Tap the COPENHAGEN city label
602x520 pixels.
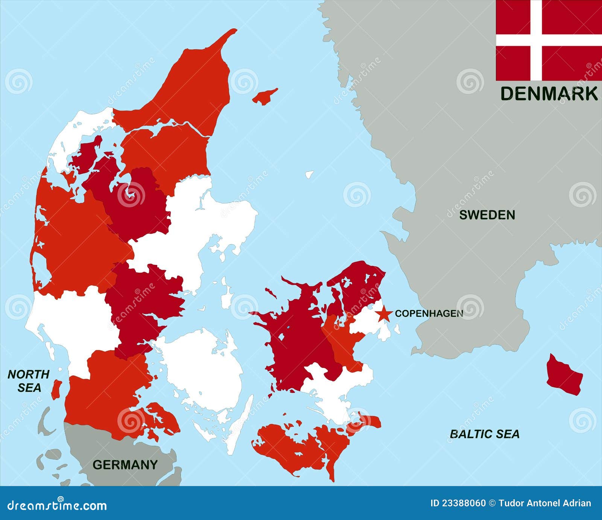click(x=429, y=313)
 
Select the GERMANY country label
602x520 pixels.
click(x=125, y=465)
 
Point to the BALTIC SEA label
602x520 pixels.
click(x=484, y=434)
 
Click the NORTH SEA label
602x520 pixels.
click(x=29, y=381)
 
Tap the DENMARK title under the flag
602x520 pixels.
click(x=549, y=93)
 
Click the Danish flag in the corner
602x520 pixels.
click(x=549, y=40)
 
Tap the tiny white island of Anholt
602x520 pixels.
click(x=309, y=175)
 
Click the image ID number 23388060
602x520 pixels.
click(x=458, y=503)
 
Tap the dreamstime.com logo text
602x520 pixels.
click(x=57, y=505)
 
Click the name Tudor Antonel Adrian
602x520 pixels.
click(x=544, y=503)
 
